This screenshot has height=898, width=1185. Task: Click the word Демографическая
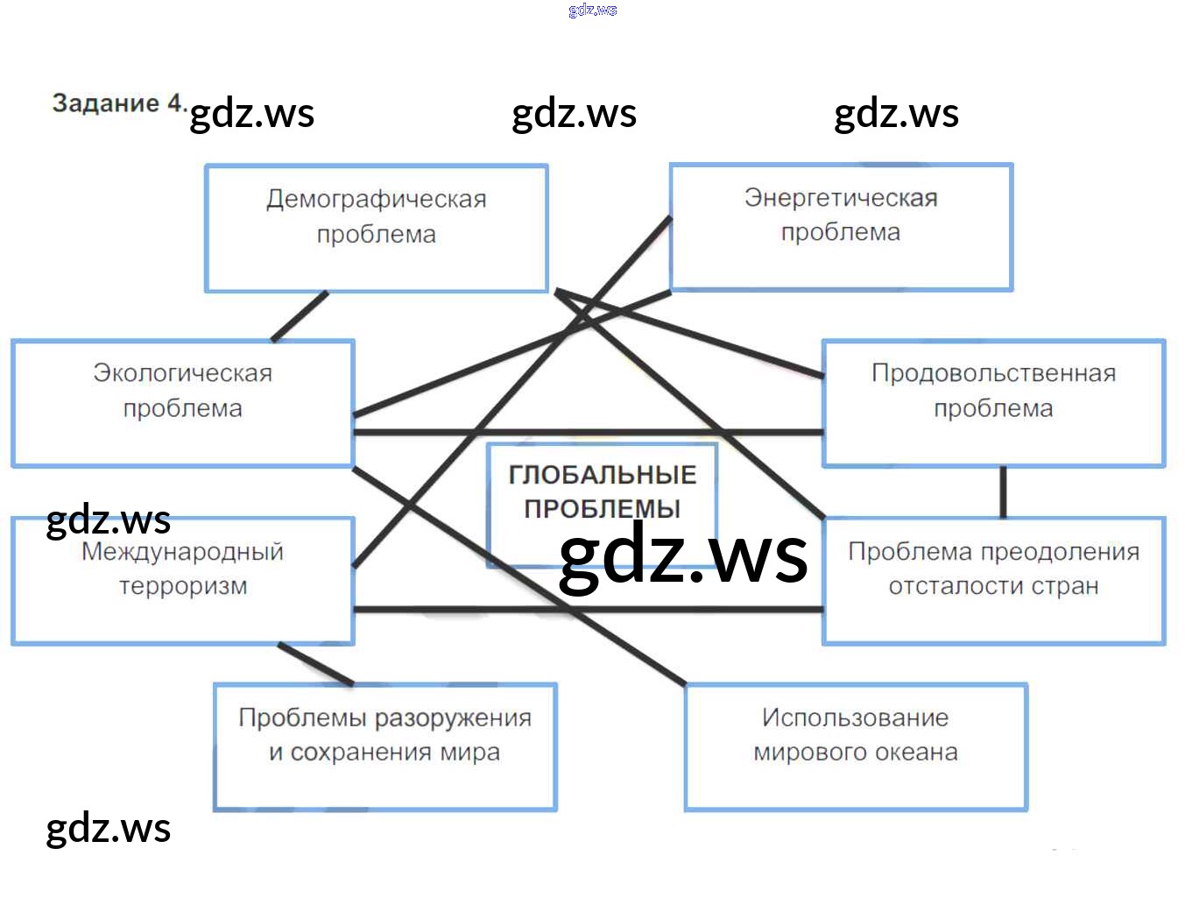tap(376, 199)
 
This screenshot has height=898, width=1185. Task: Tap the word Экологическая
tap(182, 373)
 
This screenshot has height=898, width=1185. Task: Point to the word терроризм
tap(183, 586)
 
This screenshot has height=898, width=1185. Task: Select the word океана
tap(918, 753)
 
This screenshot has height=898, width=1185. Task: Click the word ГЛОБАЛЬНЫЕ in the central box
tap(603, 475)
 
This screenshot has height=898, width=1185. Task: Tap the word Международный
tap(182, 552)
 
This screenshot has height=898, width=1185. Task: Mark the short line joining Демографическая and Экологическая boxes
tap(300, 316)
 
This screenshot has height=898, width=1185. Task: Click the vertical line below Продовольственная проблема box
tap(1003, 491)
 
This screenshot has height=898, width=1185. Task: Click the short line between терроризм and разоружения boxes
tap(315, 664)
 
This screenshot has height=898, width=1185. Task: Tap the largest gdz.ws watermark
tap(683, 555)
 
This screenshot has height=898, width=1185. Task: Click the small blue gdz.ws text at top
tap(593, 10)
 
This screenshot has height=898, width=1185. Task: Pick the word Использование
tap(855, 718)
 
